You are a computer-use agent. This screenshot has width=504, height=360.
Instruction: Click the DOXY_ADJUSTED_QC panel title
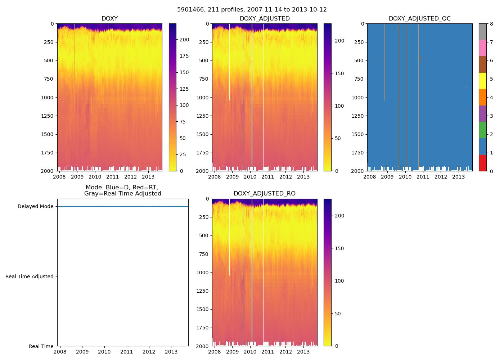pyautogui.click(x=419, y=19)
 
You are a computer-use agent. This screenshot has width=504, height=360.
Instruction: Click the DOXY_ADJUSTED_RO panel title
pyautogui.click(x=264, y=194)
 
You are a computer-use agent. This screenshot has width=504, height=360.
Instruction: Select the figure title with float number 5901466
pyautogui.click(x=252, y=10)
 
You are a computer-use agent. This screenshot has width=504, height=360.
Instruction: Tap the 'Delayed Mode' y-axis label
pyautogui.click(x=35, y=207)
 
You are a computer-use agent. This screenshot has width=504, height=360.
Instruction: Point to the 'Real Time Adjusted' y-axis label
pyautogui.click(x=30, y=276)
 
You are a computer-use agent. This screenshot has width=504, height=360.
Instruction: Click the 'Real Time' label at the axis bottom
pyautogui.click(x=41, y=346)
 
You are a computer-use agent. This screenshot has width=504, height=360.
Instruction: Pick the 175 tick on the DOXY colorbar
pyautogui.click(x=184, y=56)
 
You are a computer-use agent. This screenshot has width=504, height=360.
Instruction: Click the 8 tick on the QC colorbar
pyautogui.click(x=491, y=24)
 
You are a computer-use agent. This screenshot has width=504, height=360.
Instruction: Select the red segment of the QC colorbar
pyautogui.click(x=482, y=163)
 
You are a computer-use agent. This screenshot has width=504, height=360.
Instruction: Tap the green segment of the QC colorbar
pyautogui.click(x=482, y=130)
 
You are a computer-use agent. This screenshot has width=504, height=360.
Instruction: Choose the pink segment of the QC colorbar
pyautogui.click(x=482, y=48)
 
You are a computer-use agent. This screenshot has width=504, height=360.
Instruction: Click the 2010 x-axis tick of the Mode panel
pyautogui.click(x=104, y=352)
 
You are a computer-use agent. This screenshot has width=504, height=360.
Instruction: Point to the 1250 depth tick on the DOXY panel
pyautogui.click(x=48, y=116)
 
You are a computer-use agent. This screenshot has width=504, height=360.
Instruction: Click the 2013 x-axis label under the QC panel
pyautogui.click(x=458, y=177)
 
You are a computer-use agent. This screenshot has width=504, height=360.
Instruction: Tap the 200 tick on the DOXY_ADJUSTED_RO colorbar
pyautogui.click(x=339, y=216)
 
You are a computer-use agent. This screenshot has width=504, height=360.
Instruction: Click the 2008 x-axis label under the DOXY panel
pyautogui.click(x=59, y=177)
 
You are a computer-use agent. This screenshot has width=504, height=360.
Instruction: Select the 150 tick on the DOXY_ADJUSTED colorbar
pyautogui.click(x=339, y=73)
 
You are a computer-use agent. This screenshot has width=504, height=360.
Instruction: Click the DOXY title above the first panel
pyautogui.click(x=109, y=19)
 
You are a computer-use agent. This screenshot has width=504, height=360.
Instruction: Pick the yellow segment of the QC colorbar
pyautogui.click(x=482, y=81)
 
